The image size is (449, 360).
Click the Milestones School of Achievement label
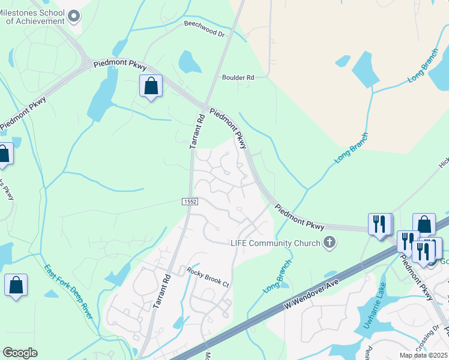[x=35, y=16]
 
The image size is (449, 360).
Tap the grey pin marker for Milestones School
[x=74, y=16]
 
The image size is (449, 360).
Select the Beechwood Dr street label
[x=204, y=29]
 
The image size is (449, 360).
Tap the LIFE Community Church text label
[x=276, y=243]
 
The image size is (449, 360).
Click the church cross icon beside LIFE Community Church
[x=328, y=242]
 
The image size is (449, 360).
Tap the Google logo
[x=20, y=353]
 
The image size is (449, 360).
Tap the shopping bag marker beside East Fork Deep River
[x=16, y=285]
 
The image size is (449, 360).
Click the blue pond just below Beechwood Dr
[x=189, y=61]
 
